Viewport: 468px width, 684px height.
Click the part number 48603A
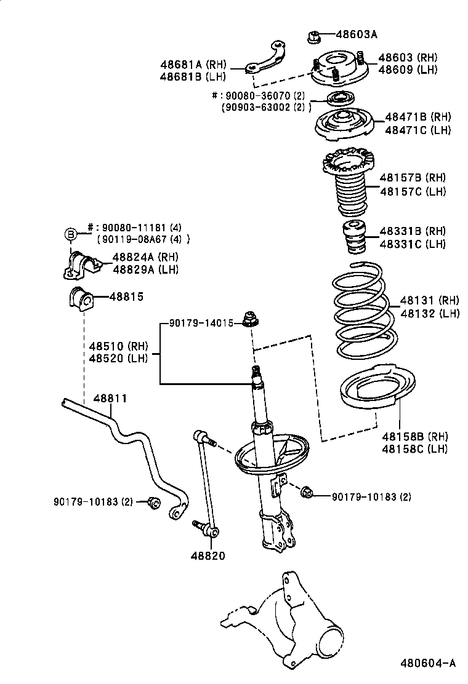(357, 34)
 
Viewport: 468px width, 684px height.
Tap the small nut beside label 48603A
(312, 36)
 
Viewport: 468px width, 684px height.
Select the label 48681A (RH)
(193, 63)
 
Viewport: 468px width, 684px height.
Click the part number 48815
(126, 296)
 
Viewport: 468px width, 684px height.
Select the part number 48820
(208, 555)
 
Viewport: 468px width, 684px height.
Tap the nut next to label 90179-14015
(250, 319)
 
